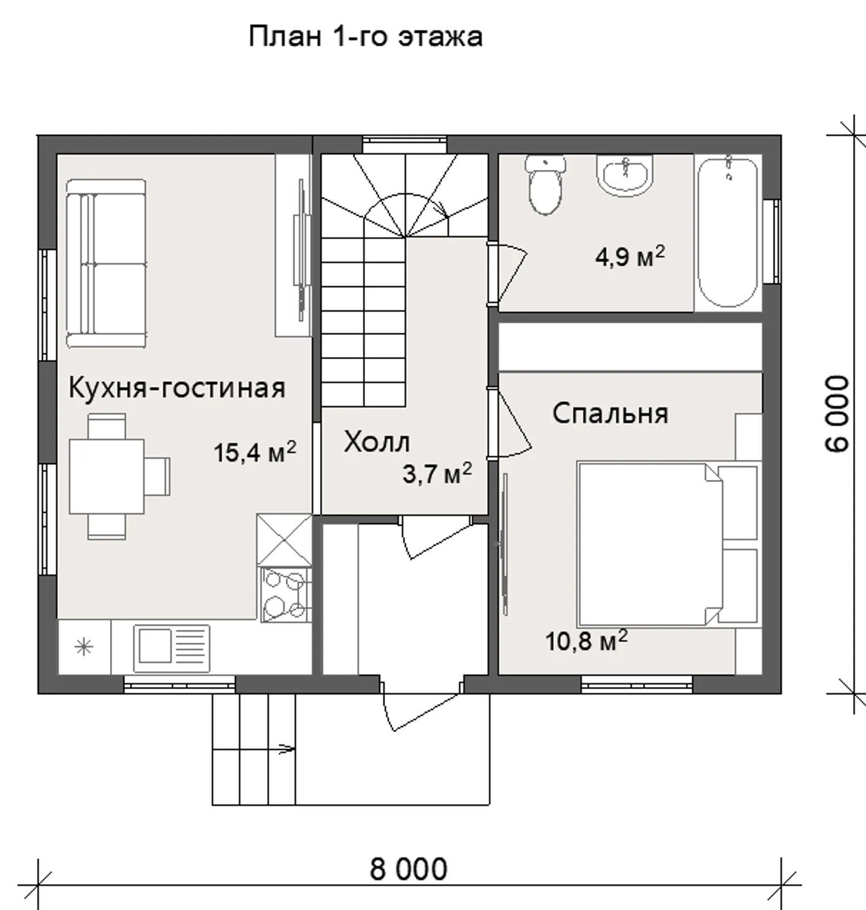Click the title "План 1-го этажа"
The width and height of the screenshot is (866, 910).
366,37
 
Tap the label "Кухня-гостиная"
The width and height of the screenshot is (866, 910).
177,387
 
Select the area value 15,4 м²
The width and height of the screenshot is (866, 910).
255,452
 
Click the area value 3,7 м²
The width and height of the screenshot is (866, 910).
437,473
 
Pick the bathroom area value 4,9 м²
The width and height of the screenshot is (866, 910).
630,256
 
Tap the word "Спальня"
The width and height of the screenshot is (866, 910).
610,413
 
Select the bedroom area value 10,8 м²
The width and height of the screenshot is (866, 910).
586,641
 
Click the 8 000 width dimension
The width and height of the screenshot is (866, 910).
409,869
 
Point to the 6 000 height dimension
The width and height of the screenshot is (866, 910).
837,414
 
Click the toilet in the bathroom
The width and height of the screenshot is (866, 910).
545,184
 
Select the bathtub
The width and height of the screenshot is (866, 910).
728,232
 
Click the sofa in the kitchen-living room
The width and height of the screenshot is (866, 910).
106,263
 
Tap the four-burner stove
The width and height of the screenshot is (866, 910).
286,594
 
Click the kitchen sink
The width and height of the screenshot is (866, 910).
172,649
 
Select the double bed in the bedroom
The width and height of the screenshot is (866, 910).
669,544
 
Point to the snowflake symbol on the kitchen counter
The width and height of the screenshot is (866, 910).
84,647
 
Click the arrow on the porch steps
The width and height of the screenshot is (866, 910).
286,749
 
